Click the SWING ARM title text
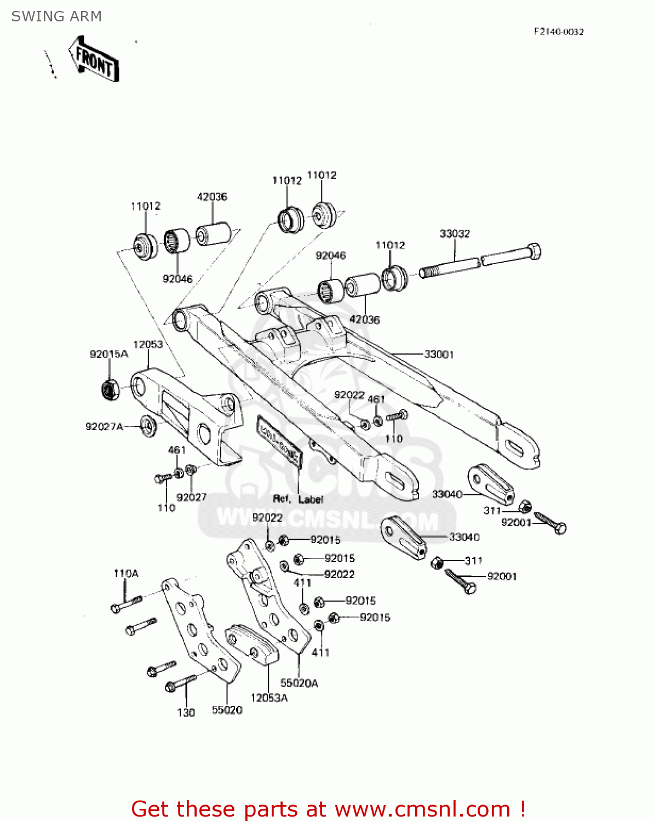point(56,16)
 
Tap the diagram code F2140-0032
point(559,32)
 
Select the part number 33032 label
point(455,234)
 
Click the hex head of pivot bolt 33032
point(533,252)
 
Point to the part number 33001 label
point(439,355)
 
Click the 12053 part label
point(148,344)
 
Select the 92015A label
point(109,354)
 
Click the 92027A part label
point(104,426)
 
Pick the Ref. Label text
point(299,499)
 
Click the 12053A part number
point(269,698)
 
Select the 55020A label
point(299,683)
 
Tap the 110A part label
point(126,573)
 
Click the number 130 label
point(186,712)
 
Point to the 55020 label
point(227,710)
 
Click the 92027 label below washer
point(192,497)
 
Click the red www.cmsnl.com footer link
point(422,809)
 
